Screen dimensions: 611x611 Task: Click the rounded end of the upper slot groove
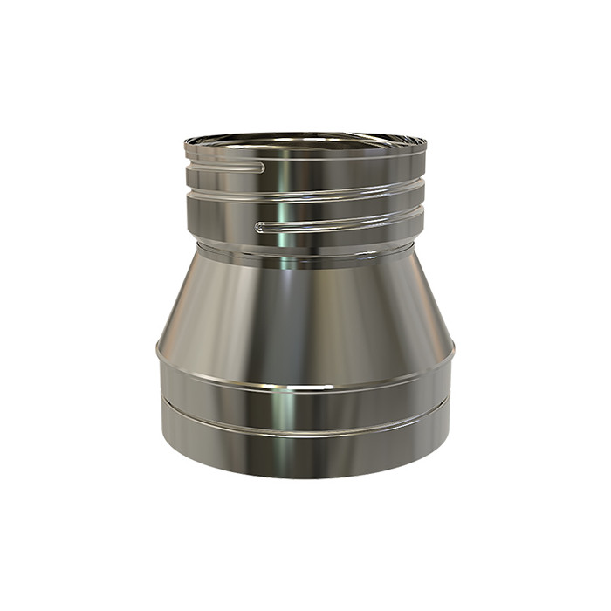[261, 165]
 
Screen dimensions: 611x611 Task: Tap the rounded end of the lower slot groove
[259, 227]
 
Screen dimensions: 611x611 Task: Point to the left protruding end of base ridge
[158, 349]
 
